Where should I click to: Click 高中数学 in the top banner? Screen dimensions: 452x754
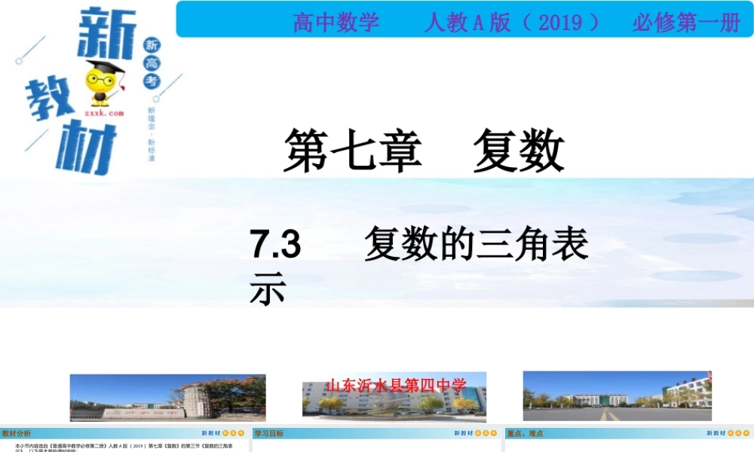[x=336, y=23]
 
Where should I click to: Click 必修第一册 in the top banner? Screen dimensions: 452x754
[x=686, y=23]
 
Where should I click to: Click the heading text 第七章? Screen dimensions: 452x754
[x=351, y=150]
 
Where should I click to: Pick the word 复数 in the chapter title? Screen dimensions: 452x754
[x=519, y=150]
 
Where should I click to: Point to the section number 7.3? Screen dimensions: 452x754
[x=276, y=245]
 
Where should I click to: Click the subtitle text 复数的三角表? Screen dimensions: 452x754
[x=476, y=245]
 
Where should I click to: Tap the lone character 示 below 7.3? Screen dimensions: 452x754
[x=268, y=289]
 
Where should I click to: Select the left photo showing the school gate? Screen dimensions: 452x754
[x=167, y=397]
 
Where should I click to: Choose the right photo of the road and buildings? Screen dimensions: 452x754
[x=617, y=395]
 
